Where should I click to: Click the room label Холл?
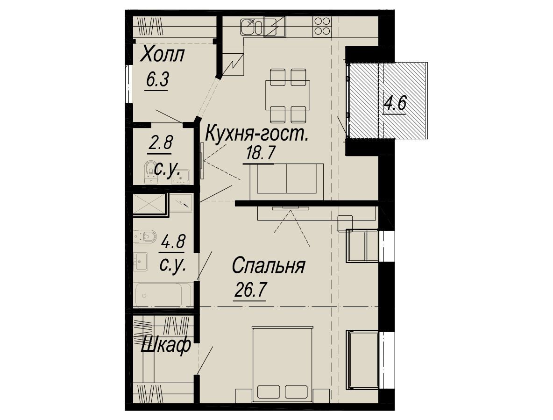(x=163, y=55)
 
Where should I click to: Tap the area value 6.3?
(x=157, y=80)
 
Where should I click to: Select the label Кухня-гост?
(x=257, y=134)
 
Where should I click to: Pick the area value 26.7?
(x=250, y=291)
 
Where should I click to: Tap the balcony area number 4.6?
(x=395, y=104)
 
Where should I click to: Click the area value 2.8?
(x=160, y=143)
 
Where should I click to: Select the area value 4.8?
(x=172, y=242)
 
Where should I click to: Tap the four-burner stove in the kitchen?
(x=322, y=26)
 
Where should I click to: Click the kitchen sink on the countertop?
(x=252, y=27)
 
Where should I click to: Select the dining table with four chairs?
(x=288, y=96)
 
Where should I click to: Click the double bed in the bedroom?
(x=283, y=363)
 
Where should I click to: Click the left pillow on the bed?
(x=269, y=392)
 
